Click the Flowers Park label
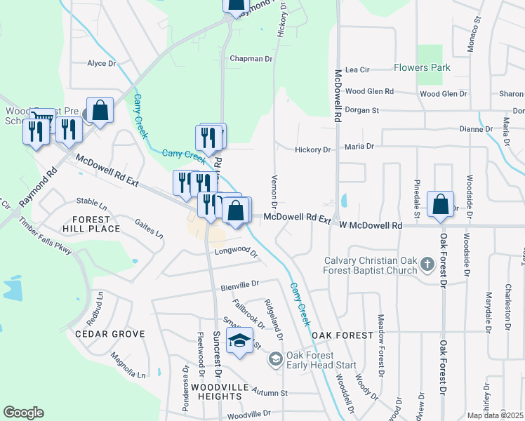pos(421,68)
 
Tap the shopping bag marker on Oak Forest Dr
pos(440,204)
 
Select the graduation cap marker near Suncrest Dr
pos(240,342)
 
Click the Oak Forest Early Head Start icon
pos(276,360)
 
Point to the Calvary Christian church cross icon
pos(427,266)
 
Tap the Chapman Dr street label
pos(251,59)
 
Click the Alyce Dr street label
pos(101,63)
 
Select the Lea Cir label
pos(357,70)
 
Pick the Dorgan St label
pos(361,110)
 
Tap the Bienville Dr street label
pos(240,284)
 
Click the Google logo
pos(23,413)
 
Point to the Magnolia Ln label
pos(128,366)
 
